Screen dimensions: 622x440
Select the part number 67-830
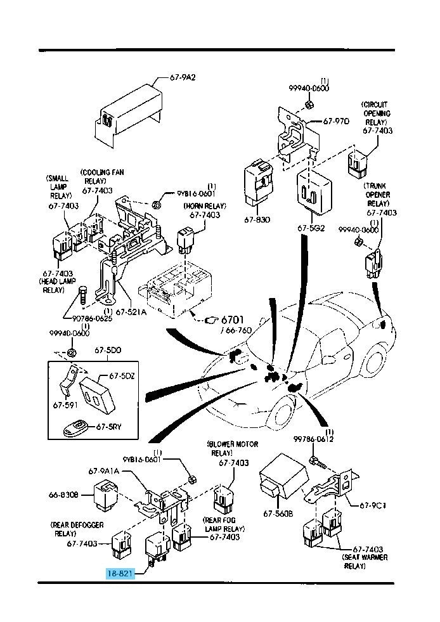[256, 220]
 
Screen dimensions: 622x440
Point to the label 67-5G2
[311, 228]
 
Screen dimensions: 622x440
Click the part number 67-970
[336, 120]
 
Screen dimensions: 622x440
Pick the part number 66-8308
[64, 495]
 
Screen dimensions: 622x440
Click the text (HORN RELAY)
[204, 206]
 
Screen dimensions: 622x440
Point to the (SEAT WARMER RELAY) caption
[364, 561]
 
